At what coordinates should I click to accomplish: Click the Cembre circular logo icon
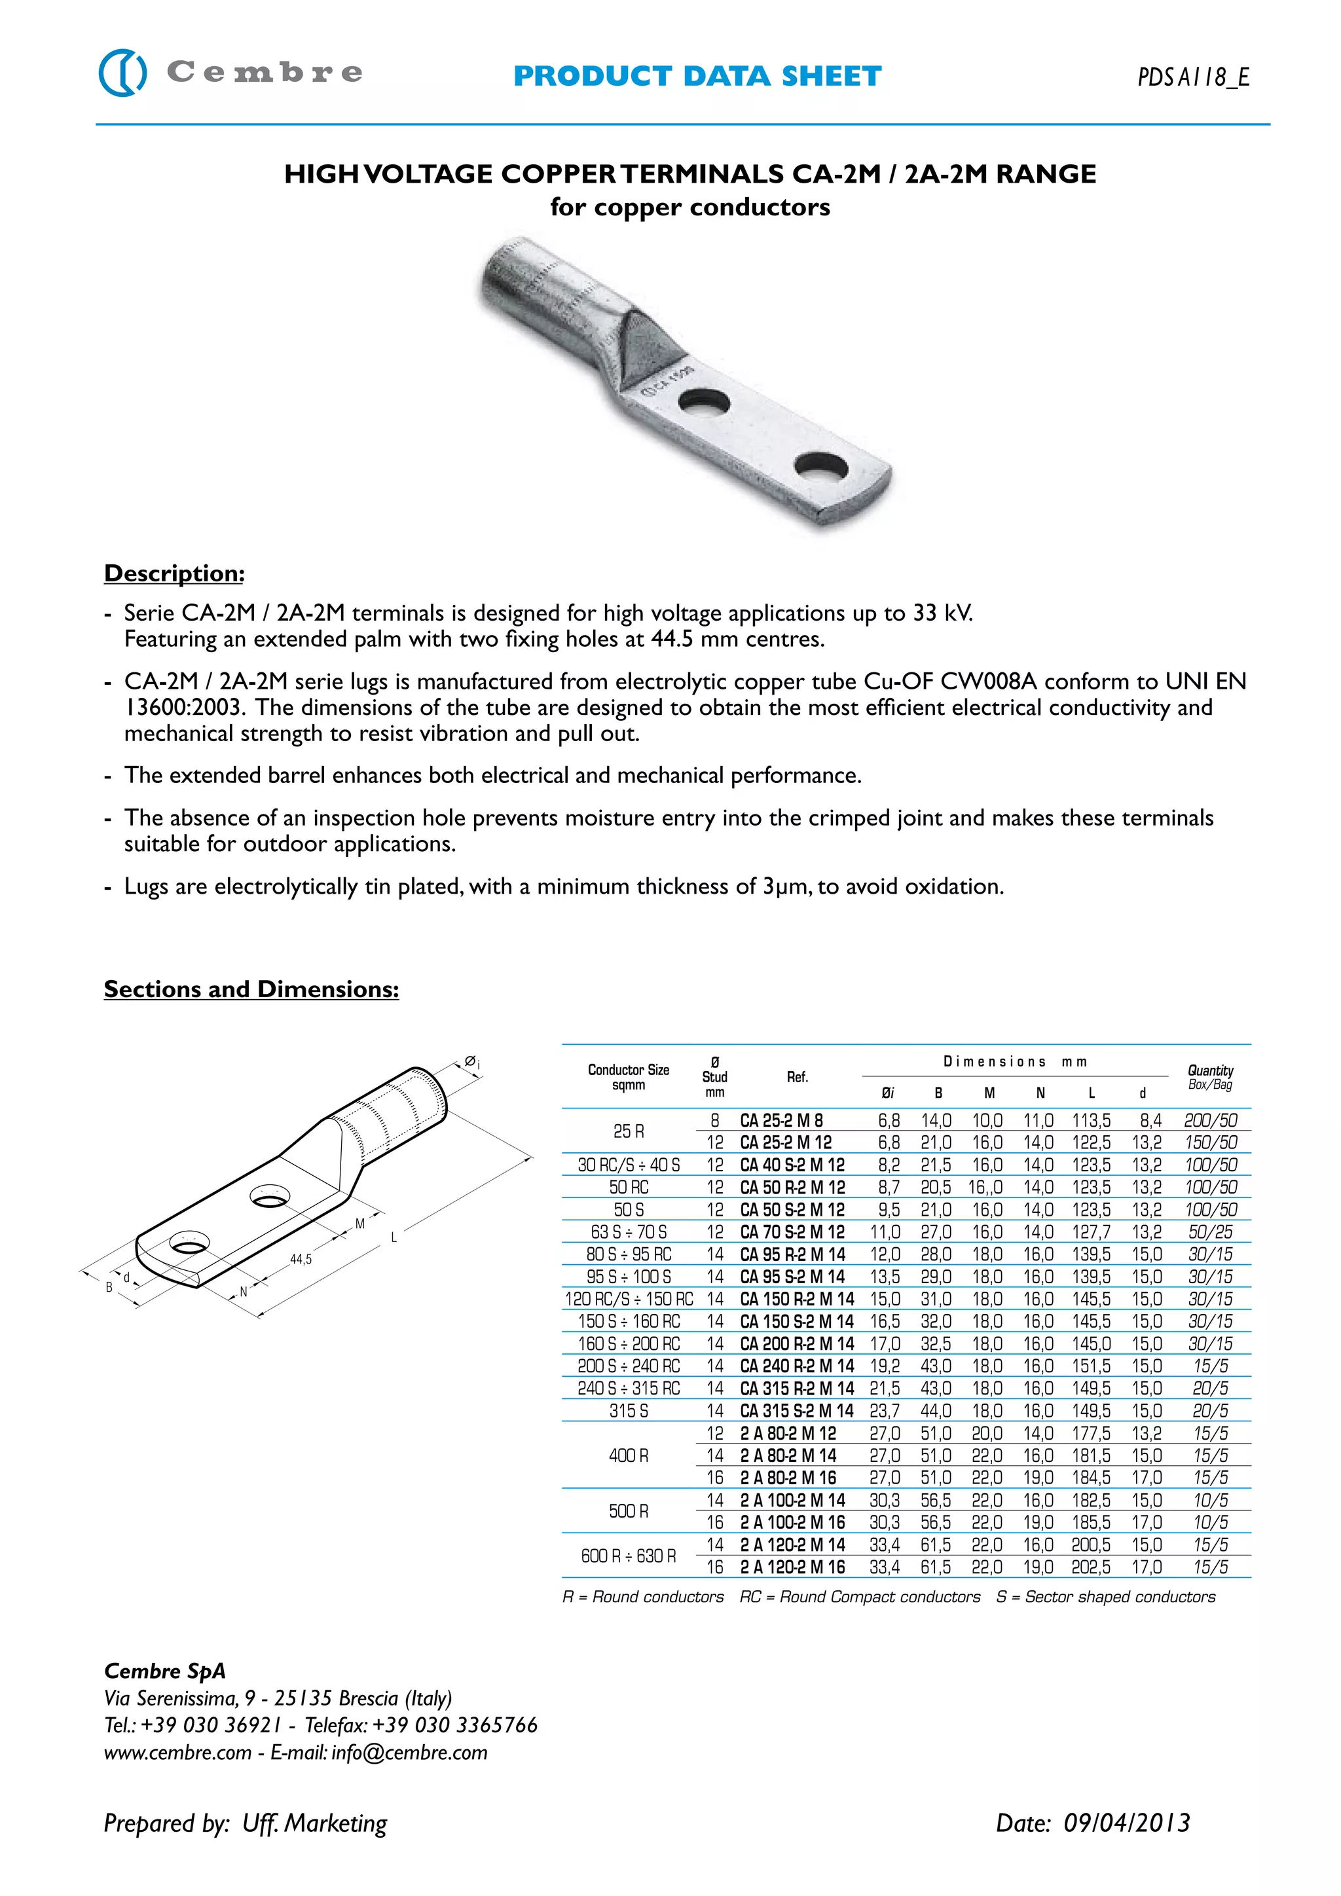(123, 73)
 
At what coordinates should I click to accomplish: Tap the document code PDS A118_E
(1193, 77)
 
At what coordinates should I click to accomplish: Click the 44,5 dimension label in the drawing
(301, 1260)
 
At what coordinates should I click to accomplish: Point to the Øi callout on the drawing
(471, 1062)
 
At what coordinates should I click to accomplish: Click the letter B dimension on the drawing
(109, 1286)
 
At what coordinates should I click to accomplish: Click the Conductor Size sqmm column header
(629, 1077)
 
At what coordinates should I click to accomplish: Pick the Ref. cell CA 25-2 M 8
(781, 1121)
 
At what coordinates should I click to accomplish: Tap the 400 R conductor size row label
(629, 1456)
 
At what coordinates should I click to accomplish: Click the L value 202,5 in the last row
(1091, 1567)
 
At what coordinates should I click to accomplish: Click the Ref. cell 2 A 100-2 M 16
(792, 1523)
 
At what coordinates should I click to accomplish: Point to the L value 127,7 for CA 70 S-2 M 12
(1091, 1232)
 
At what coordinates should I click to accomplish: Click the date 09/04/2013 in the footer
(1126, 1823)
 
